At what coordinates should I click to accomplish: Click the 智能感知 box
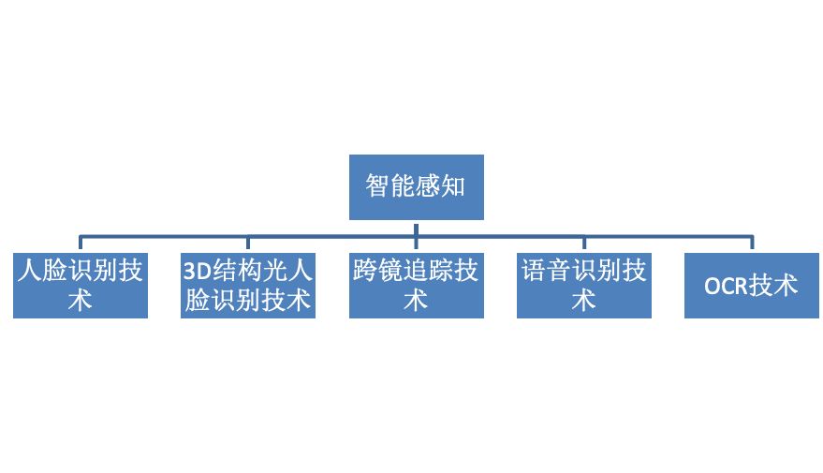point(416,186)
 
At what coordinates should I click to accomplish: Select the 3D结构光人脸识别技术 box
point(248,285)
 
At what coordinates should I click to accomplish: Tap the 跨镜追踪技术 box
point(416,285)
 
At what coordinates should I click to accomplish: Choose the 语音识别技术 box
point(583,285)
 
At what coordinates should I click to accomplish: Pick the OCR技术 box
point(751,285)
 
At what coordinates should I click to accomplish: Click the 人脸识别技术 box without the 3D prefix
point(81,285)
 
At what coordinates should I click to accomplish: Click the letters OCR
point(726,286)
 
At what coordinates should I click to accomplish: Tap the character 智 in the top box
point(377,186)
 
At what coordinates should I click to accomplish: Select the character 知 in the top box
point(454,186)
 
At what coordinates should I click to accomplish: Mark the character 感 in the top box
point(429,186)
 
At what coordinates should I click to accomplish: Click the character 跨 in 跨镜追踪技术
point(365,272)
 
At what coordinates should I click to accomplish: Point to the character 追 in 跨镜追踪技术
point(416,272)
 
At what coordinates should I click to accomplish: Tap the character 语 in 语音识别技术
point(533,272)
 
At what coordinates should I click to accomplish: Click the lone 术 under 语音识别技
point(583,300)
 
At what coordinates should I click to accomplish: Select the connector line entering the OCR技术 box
point(752,244)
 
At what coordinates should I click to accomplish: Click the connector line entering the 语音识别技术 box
point(584,244)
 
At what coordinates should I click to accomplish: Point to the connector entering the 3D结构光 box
point(248,244)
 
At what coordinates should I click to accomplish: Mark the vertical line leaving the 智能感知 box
point(416,227)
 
